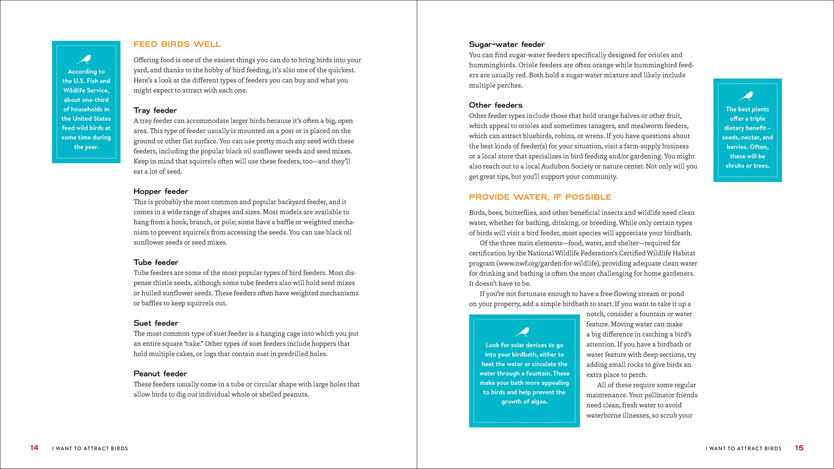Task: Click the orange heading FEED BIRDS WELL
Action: (177, 44)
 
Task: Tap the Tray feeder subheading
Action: (155, 110)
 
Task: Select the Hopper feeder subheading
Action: (161, 191)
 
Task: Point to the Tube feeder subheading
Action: (156, 262)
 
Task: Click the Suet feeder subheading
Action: (156, 323)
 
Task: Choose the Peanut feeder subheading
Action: (160, 373)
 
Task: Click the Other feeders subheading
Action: (496, 105)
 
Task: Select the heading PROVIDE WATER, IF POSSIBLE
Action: (540, 197)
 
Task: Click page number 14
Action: (34, 448)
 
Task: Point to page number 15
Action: (799, 448)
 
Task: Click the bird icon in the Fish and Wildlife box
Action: (85, 59)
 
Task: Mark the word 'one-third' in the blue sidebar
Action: (96, 100)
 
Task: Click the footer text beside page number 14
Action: (90, 448)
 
